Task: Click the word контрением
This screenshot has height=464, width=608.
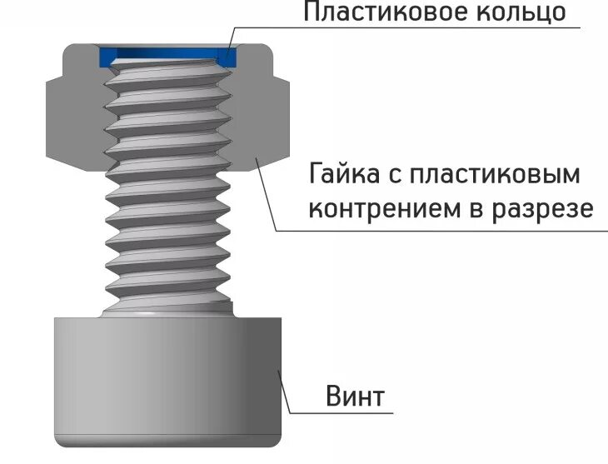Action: point(376,208)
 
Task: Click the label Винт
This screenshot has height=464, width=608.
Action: point(354,396)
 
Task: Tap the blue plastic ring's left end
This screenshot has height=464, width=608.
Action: point(107,56)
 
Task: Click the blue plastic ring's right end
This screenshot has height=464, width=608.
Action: point(226,55)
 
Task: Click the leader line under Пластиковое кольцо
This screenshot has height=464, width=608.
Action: point(416,29)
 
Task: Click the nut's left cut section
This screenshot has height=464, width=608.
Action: point(71,117)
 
